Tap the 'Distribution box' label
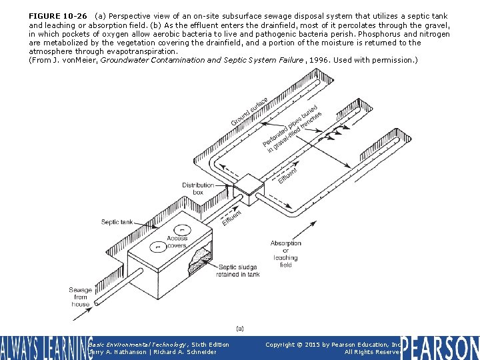pos(198,189)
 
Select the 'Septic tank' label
pos(117,222)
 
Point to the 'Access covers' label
pos(177,241)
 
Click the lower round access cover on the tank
pos(156,247)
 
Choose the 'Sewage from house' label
pos(81,297)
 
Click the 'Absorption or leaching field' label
pos(285,254)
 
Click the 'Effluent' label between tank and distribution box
pos(231,217)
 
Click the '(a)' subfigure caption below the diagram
pos(240,328)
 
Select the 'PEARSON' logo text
pos(440,347)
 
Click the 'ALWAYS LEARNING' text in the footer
pos(45,347)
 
